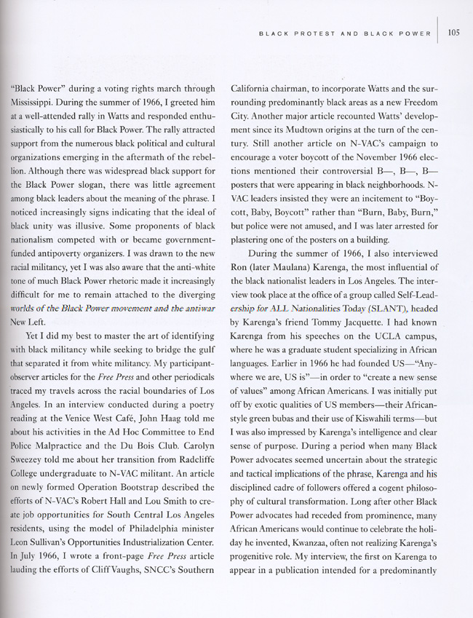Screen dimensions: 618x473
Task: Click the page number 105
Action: pyautogui.click(x=455, y=31)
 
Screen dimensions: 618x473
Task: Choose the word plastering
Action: pyautogui.click(x=255, y=226)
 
